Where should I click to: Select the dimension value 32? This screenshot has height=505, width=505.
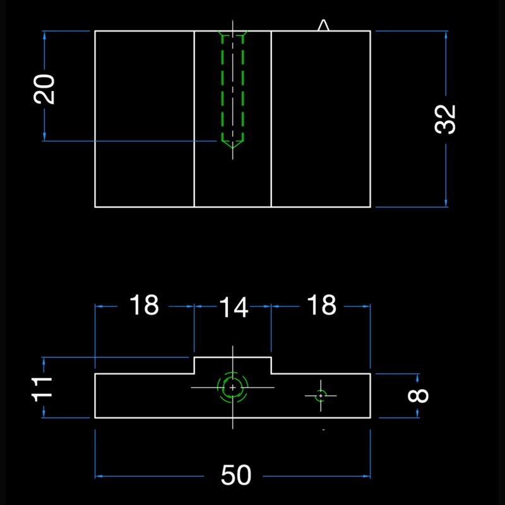(446, 119)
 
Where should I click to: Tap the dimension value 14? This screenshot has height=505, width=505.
(233, 308)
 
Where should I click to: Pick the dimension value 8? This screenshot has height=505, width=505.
(419, 396)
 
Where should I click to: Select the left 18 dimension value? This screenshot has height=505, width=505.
(144, 306)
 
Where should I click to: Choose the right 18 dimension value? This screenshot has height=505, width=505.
(321, 306)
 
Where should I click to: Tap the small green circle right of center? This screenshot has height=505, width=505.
(321, 395)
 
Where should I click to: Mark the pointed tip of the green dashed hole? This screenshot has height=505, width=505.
(232, 147)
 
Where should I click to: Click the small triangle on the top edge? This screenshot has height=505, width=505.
(323, 25)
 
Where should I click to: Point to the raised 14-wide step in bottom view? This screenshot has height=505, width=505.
(232, 365)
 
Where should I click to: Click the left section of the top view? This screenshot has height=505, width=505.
(144, 119)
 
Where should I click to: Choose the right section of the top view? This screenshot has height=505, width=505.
(321, 119)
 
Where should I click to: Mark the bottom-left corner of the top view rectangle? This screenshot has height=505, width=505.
(95, 206)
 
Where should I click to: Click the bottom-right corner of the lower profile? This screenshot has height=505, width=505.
(370, 417)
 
